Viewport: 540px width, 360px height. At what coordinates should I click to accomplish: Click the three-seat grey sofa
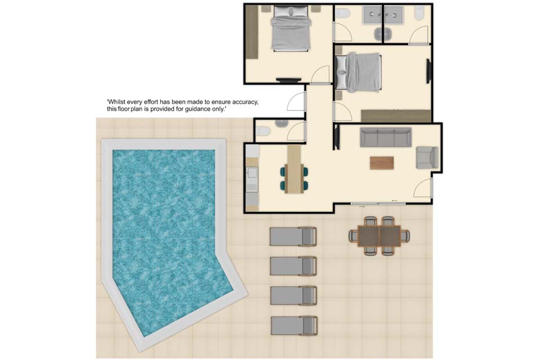386,137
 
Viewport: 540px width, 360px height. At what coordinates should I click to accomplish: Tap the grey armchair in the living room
427,157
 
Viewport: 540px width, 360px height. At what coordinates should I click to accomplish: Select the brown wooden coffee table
381,163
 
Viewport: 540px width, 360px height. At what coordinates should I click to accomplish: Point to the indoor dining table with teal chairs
294,169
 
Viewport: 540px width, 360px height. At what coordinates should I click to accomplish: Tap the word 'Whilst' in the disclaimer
116,102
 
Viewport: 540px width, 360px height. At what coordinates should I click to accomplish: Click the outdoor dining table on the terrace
379,236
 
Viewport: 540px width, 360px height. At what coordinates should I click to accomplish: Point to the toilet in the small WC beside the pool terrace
263,131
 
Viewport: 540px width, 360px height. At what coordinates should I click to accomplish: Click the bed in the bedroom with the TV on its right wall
358,73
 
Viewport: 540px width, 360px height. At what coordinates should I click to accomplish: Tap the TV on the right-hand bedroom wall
429,71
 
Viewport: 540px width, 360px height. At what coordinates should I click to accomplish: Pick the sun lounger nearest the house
293,236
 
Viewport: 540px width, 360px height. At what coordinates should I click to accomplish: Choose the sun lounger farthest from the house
294,326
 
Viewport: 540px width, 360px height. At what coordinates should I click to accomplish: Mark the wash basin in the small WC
281,123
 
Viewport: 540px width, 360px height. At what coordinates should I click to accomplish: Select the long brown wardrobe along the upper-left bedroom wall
252,32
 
